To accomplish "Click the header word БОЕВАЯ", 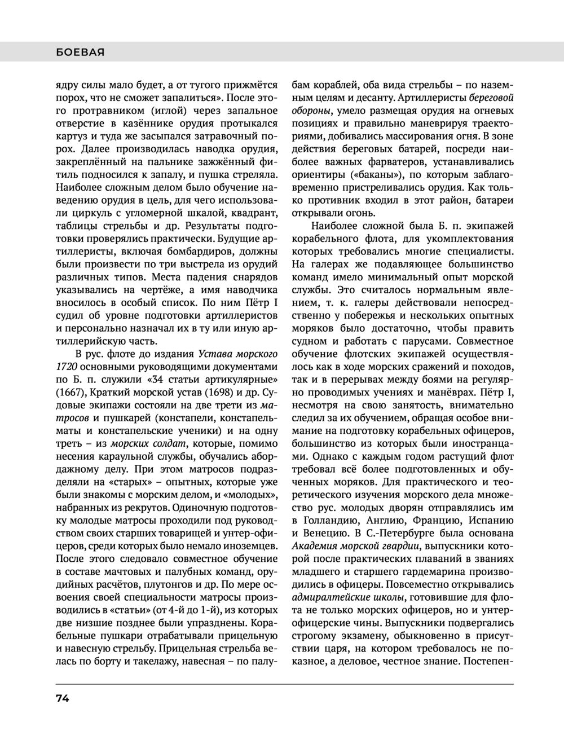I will pos(81,52).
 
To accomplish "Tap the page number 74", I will pos(63,698).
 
